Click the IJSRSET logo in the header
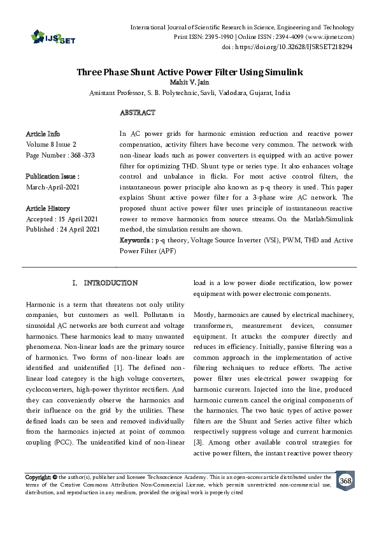(x=50, y=38)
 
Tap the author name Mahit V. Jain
(x=189, y=82)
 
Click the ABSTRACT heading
(x=137, y=112)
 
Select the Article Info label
(x=43, y=134)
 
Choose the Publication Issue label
(x=52, y=176)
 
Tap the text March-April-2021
(x=53, y=187)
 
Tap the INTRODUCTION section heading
(x=111, y=283)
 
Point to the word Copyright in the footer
(x=38, y=477)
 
